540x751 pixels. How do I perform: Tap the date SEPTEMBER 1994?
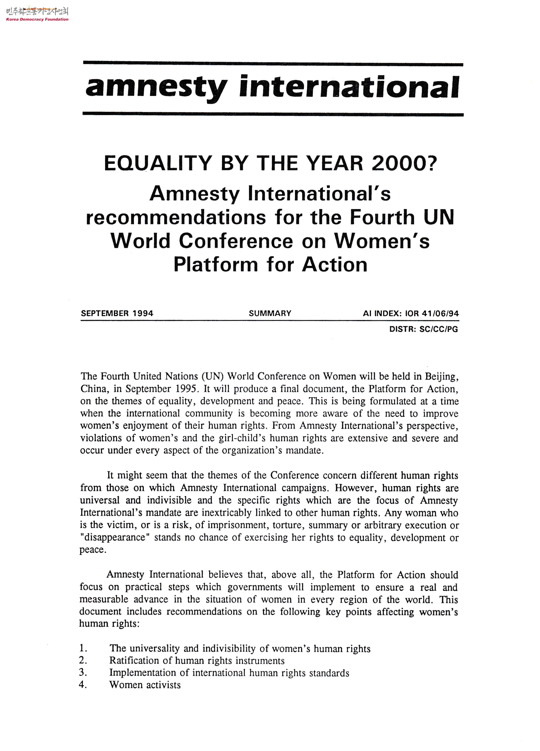[x=117, y=313]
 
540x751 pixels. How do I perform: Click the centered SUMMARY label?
[x=270, y=313]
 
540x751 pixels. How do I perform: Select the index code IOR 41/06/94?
[x=432, y=313]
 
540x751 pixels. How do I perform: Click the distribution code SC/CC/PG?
[x=438, y=329]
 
